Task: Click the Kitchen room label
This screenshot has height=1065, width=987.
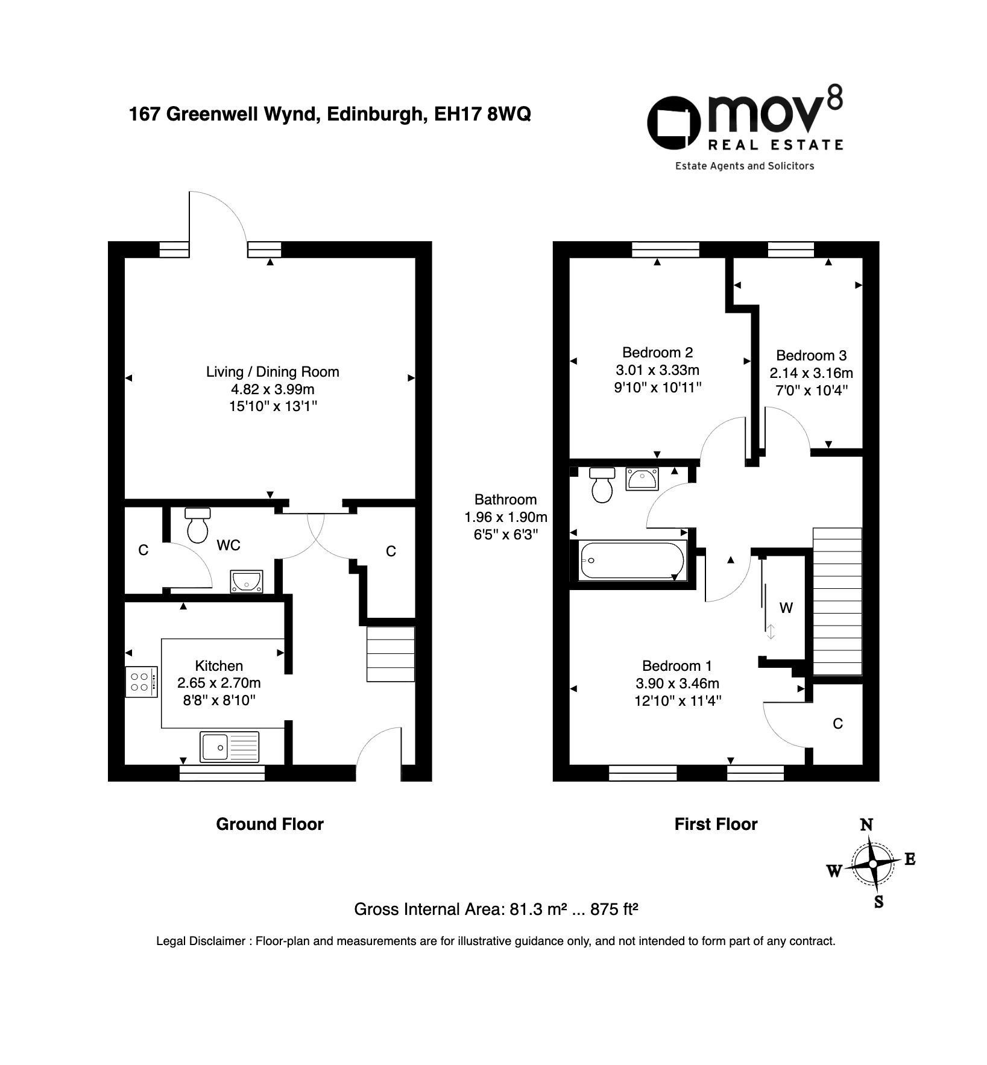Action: click(219, 665)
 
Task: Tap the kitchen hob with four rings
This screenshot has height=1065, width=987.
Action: click(142, 682)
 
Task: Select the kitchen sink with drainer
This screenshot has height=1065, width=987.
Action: click(230, 746)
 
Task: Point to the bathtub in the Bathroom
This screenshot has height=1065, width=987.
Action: click(631, 561)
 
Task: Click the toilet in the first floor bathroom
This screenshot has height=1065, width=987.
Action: click(602, 485)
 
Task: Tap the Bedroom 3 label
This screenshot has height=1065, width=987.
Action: click(811, 355)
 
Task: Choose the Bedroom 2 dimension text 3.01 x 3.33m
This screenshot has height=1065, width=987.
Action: click(658, 369)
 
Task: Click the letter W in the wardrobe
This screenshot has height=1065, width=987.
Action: click(786, 608)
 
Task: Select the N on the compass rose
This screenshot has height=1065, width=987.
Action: click(866, 825)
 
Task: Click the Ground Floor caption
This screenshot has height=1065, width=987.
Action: click(270, 824)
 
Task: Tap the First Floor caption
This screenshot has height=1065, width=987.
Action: click(716, 824)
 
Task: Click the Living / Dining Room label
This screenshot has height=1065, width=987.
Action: click(273, 372)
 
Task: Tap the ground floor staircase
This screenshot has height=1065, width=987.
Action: click(391, 654)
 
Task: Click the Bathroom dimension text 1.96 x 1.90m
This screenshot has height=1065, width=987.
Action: click(505, 517)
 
